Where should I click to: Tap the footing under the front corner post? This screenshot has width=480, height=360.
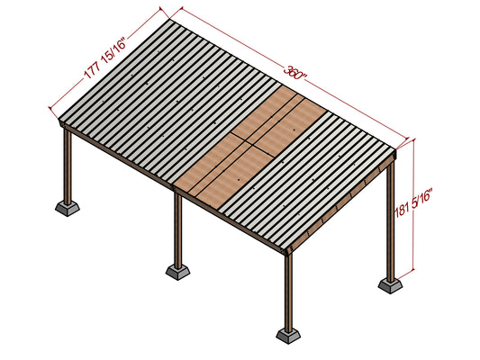click(x=289, y=335)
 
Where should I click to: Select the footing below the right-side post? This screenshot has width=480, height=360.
click(x=392, y=284)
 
